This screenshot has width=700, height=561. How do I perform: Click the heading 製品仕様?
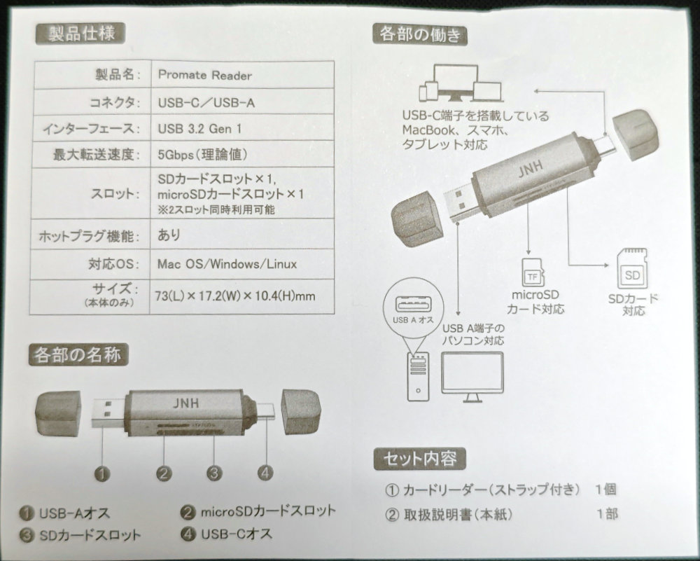80,34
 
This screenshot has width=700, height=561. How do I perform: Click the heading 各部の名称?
78,355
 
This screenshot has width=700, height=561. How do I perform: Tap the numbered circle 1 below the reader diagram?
103,473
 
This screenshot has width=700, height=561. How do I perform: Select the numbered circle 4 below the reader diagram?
265,472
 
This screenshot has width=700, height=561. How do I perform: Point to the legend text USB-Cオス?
236,534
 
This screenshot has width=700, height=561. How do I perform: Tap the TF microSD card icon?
533,273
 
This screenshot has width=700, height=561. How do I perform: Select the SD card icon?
631,269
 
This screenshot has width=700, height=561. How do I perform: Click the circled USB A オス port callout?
414,307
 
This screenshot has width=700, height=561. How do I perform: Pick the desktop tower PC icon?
418,375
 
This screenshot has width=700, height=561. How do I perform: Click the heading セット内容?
419,459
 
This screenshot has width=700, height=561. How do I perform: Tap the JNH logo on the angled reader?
531,168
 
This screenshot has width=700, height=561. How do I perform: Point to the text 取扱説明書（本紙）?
458,515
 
